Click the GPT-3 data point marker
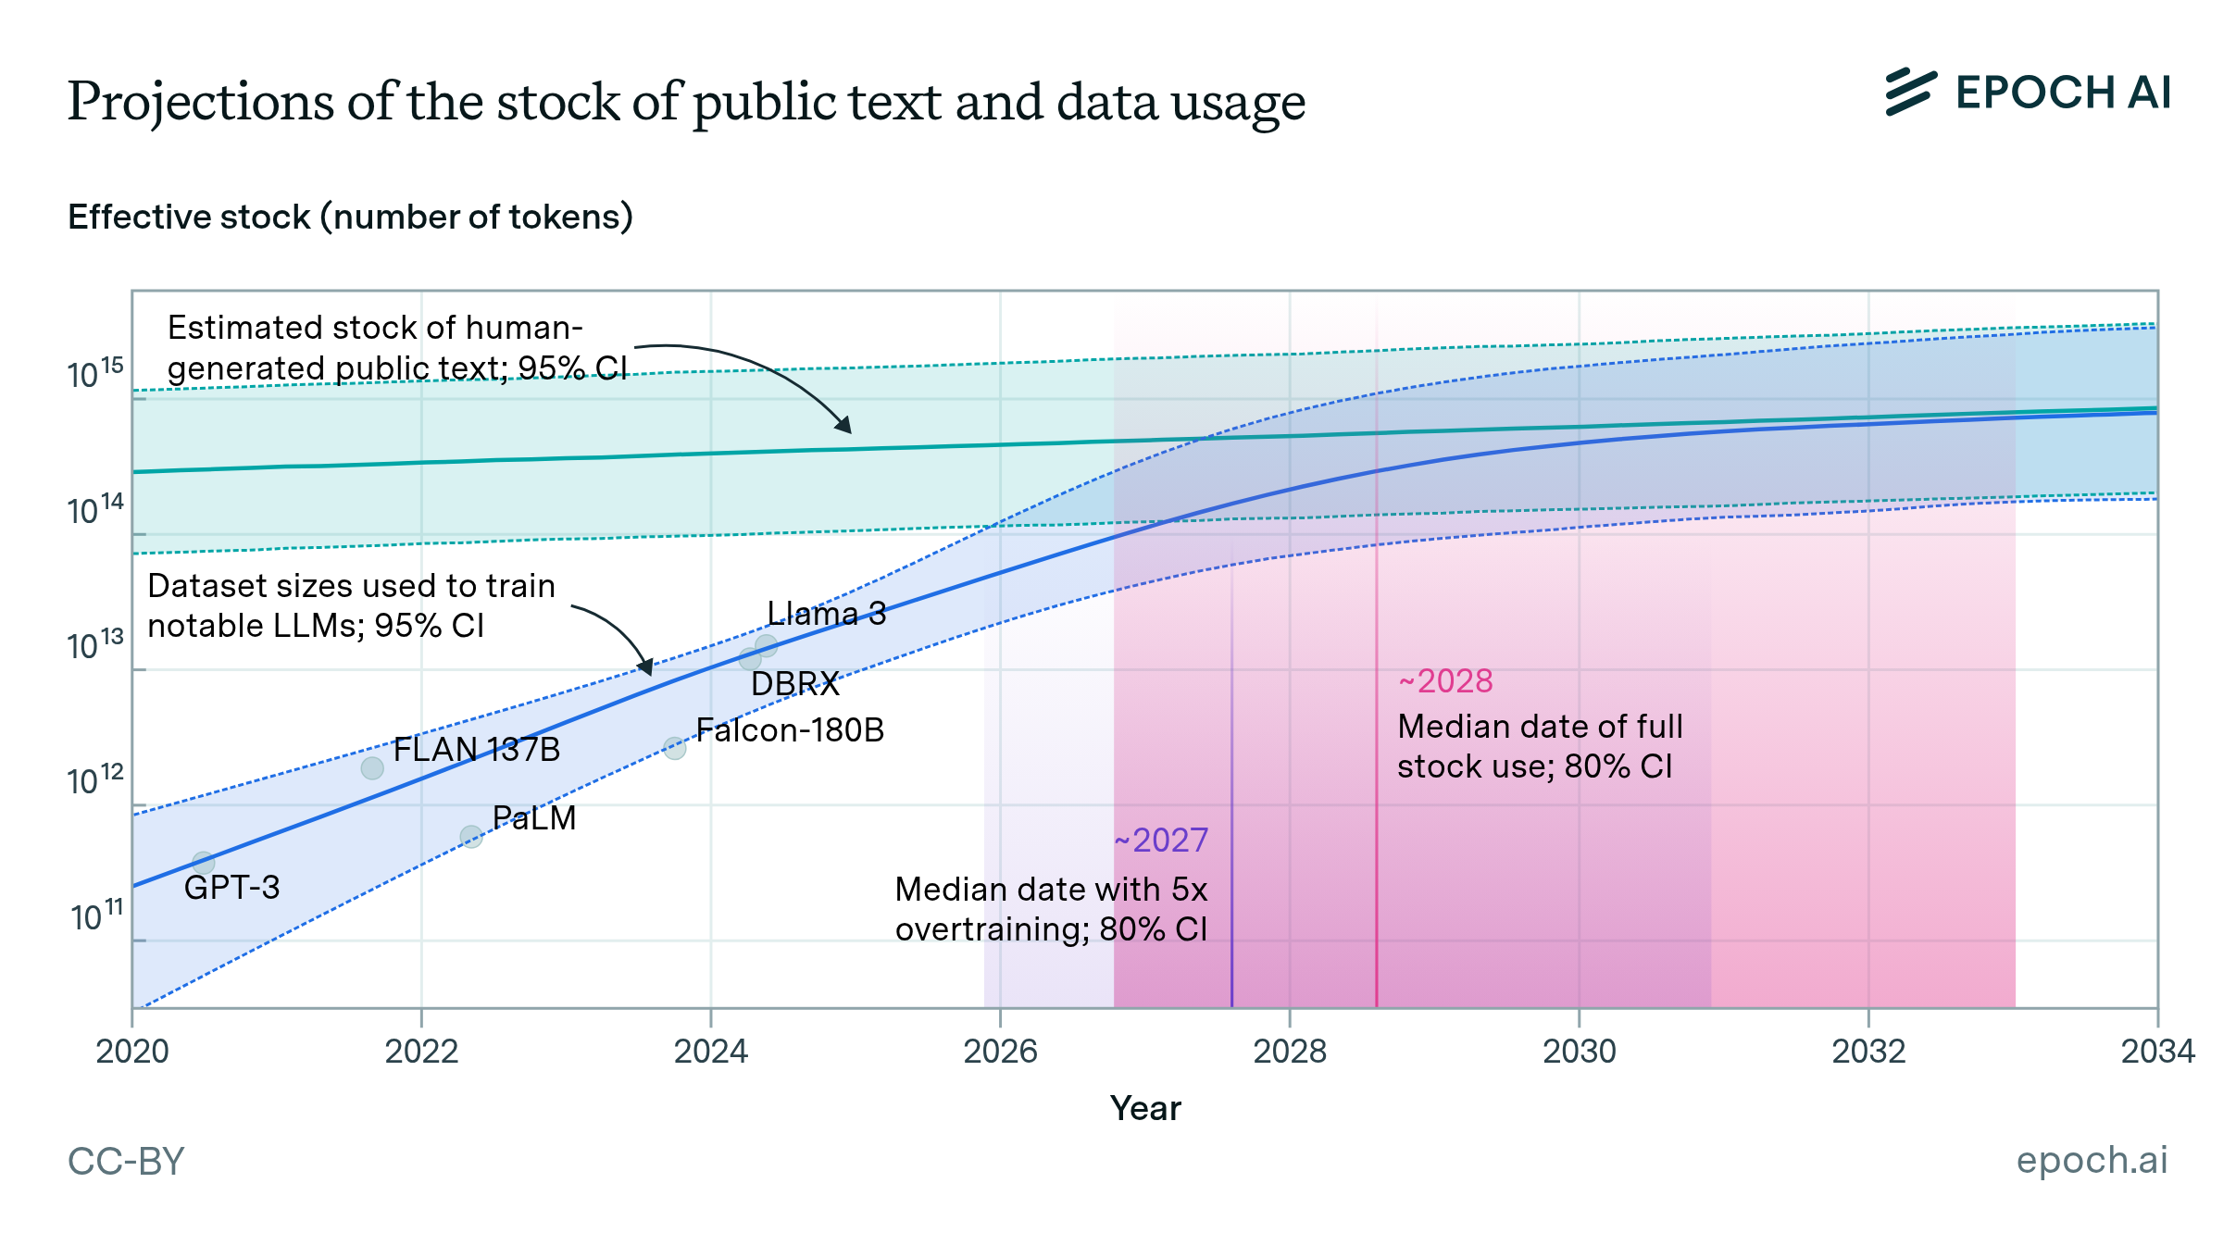(x=204, y=863)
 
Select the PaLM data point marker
(x=471, y=837)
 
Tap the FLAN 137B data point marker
(x=372, y=767)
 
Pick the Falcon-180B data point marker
(x=675, y=748)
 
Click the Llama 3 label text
(x=826, y=614)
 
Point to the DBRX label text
(x=794, y=684)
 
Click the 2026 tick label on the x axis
(x=1000, y=1052)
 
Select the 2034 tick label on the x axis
(x=2157, y=1052)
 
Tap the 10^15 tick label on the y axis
(x=94, y=374)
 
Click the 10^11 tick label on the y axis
(x=96, y=916)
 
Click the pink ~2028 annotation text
(x=1445, y=681)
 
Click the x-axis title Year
(x=1145, y=1108)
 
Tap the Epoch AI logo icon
(x=1910, y=93)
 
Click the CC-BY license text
(x=126, y=1162)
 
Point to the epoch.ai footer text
(x=2092, y=1160)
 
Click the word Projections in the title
(x=200, y=102)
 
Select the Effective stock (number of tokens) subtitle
(x=350, y=217)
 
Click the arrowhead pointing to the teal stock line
(x=844, y=427)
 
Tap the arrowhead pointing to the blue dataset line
(x=646, y=667)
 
